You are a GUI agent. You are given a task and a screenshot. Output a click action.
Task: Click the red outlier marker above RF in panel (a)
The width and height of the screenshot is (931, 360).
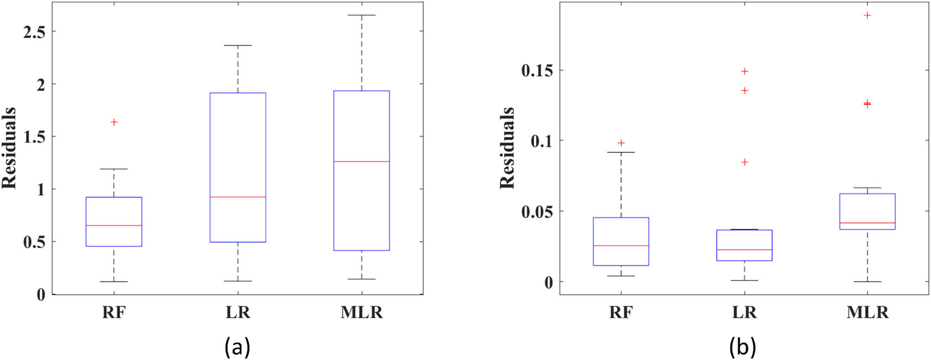[114, 122]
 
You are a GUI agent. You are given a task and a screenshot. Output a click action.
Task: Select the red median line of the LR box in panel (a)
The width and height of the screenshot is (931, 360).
[238, 197]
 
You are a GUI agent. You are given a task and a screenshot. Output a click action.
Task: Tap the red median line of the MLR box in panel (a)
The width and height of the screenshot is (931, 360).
[362, 161]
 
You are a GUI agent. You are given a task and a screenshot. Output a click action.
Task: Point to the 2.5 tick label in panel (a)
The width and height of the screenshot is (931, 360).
[34, 31]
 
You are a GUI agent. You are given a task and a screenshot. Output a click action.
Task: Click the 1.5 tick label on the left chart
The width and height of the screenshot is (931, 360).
[34, 137]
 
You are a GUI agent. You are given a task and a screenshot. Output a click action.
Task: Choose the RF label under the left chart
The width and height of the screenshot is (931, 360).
[113, 313]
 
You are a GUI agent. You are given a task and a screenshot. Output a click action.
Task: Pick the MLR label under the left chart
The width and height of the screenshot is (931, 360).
[362, 313]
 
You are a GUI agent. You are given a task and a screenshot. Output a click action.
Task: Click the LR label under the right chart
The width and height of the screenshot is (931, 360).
[744, 313]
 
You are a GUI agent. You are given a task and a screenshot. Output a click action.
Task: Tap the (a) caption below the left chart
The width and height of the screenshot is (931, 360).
[238, 347]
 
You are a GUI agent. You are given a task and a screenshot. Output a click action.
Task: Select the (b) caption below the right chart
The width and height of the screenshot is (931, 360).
[742, 347]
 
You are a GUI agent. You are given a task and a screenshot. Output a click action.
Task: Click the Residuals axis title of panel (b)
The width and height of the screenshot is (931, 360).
[507, 148]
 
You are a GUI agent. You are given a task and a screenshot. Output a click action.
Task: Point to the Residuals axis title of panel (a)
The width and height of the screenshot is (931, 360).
[9, 148]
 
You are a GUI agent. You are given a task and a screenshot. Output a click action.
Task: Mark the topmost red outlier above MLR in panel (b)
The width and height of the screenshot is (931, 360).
[868, 15]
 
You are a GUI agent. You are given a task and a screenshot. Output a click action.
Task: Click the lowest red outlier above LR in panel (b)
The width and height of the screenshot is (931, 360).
[745, 162]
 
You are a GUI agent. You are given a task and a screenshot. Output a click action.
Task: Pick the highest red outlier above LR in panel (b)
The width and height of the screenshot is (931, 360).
[745, 71]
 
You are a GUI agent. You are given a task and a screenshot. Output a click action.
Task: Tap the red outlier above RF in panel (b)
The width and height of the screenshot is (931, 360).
[621, 143]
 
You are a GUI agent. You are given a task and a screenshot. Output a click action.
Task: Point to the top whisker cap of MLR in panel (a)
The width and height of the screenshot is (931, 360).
[362, 15]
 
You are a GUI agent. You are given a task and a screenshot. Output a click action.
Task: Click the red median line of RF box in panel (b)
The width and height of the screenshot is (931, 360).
[621, 246]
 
